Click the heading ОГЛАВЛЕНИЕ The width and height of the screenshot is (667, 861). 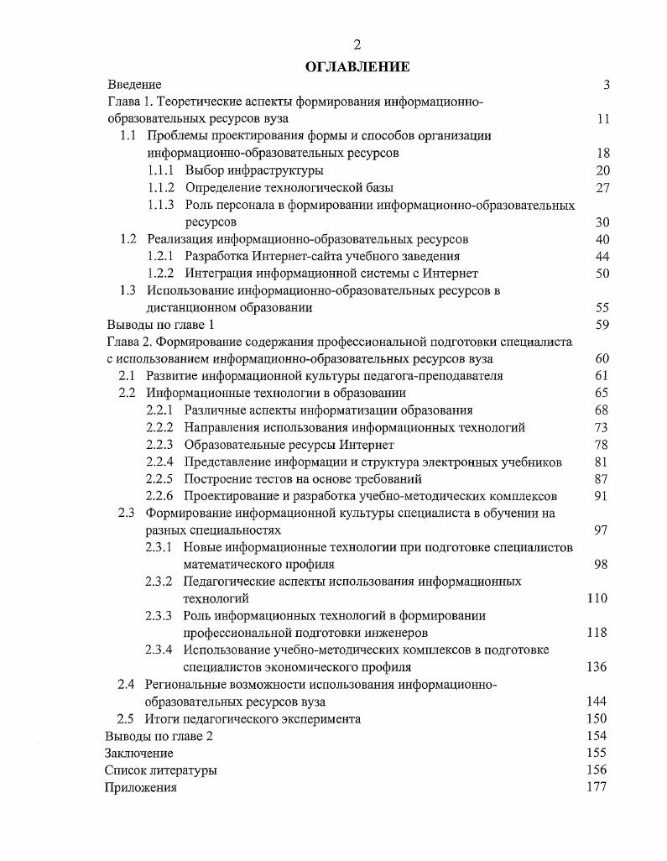[358, 66]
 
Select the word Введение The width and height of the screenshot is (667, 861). [134, 85]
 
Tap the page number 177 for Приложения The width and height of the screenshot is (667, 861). [597, 787]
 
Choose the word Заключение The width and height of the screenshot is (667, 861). [138, 753]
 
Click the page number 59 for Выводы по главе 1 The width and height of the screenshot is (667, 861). [601, 324]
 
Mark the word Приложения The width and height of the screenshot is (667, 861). [140, 787]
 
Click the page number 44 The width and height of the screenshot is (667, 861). [601, 256]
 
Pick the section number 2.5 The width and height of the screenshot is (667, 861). [125, 718]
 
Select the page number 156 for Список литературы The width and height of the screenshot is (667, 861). [597, 770]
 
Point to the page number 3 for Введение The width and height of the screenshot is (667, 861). [605, 85]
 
